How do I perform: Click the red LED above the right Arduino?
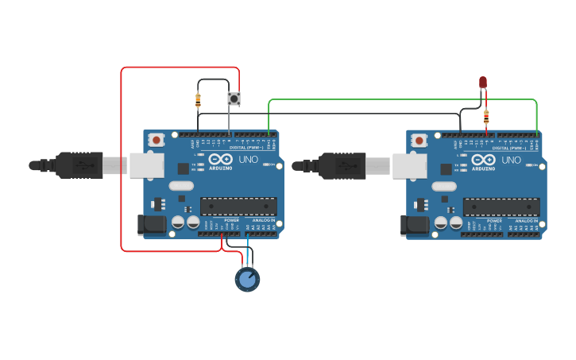click(x=482, y=82)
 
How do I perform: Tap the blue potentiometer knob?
click(x=247, y=279)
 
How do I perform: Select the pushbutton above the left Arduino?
click(x=234, y=99)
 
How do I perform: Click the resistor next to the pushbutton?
click(x=198, y=100)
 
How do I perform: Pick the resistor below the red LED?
click(x=485, y=118)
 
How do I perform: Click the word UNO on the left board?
click(x=249, y=160)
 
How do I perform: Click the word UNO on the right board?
click(x=512, y=160)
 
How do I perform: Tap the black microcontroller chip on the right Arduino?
click(x=501, y=207)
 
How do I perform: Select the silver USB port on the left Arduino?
click(x=146, y=165)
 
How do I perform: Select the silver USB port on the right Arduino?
click(x=409, y=165)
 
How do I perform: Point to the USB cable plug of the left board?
click(x=79, y=165)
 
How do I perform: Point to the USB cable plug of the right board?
click(x=342, y=165)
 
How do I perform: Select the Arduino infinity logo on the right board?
click(x=484, y=160)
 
